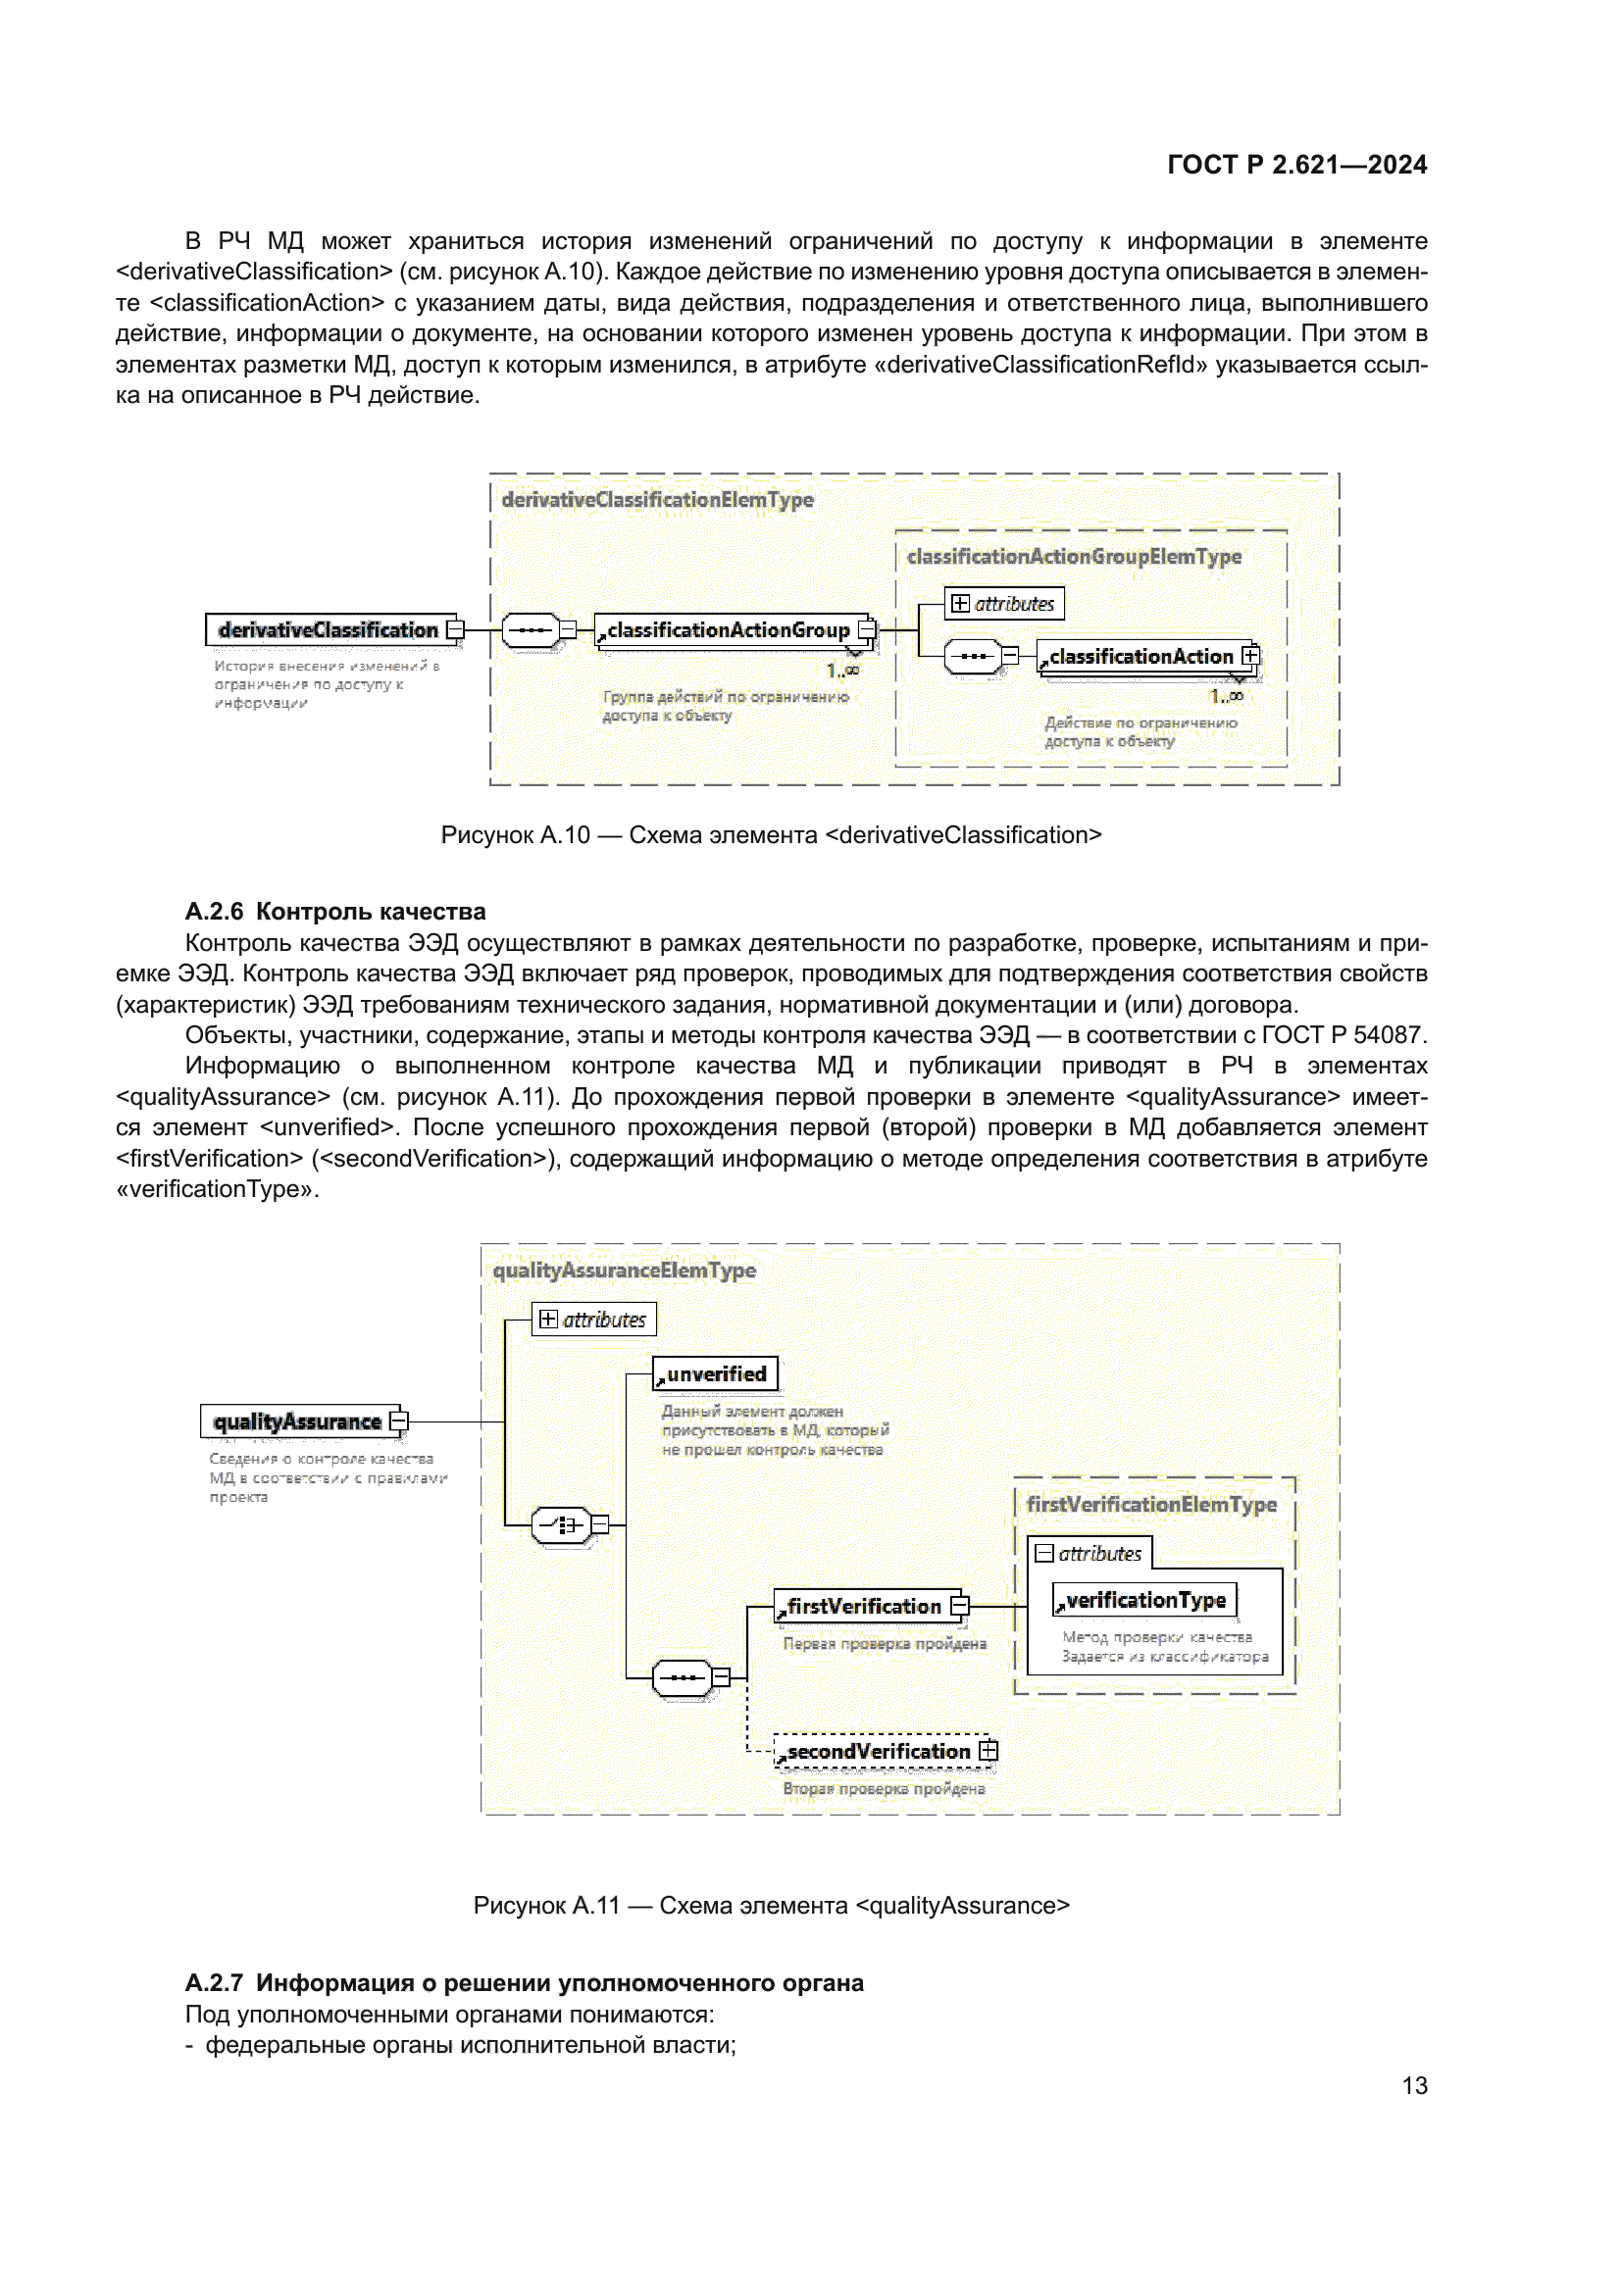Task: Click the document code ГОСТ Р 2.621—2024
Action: (1296, 165)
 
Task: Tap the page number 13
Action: (1413, 2085)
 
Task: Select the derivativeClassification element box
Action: (329, 630)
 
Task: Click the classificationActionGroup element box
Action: (729, 630)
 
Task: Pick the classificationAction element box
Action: (1141, 656)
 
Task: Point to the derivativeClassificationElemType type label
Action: (657, 499)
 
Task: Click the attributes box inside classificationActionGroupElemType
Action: (1004, 603)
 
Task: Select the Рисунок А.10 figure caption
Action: (771, 835)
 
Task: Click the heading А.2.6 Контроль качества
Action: (334, 911)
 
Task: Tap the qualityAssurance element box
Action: (298, 1421)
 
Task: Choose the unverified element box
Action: (715, 1374)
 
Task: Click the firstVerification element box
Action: (864, 1606)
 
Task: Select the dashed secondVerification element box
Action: (878, 1751)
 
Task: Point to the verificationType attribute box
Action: (1144, 1600)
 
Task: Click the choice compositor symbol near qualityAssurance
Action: (561, 1525)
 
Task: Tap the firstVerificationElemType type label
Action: (1150, 1504)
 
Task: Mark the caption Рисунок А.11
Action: (771, 1906)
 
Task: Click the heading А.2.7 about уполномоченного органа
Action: (525, 1983)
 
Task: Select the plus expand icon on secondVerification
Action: (988, 1751)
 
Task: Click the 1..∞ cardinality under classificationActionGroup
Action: (842, 672)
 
